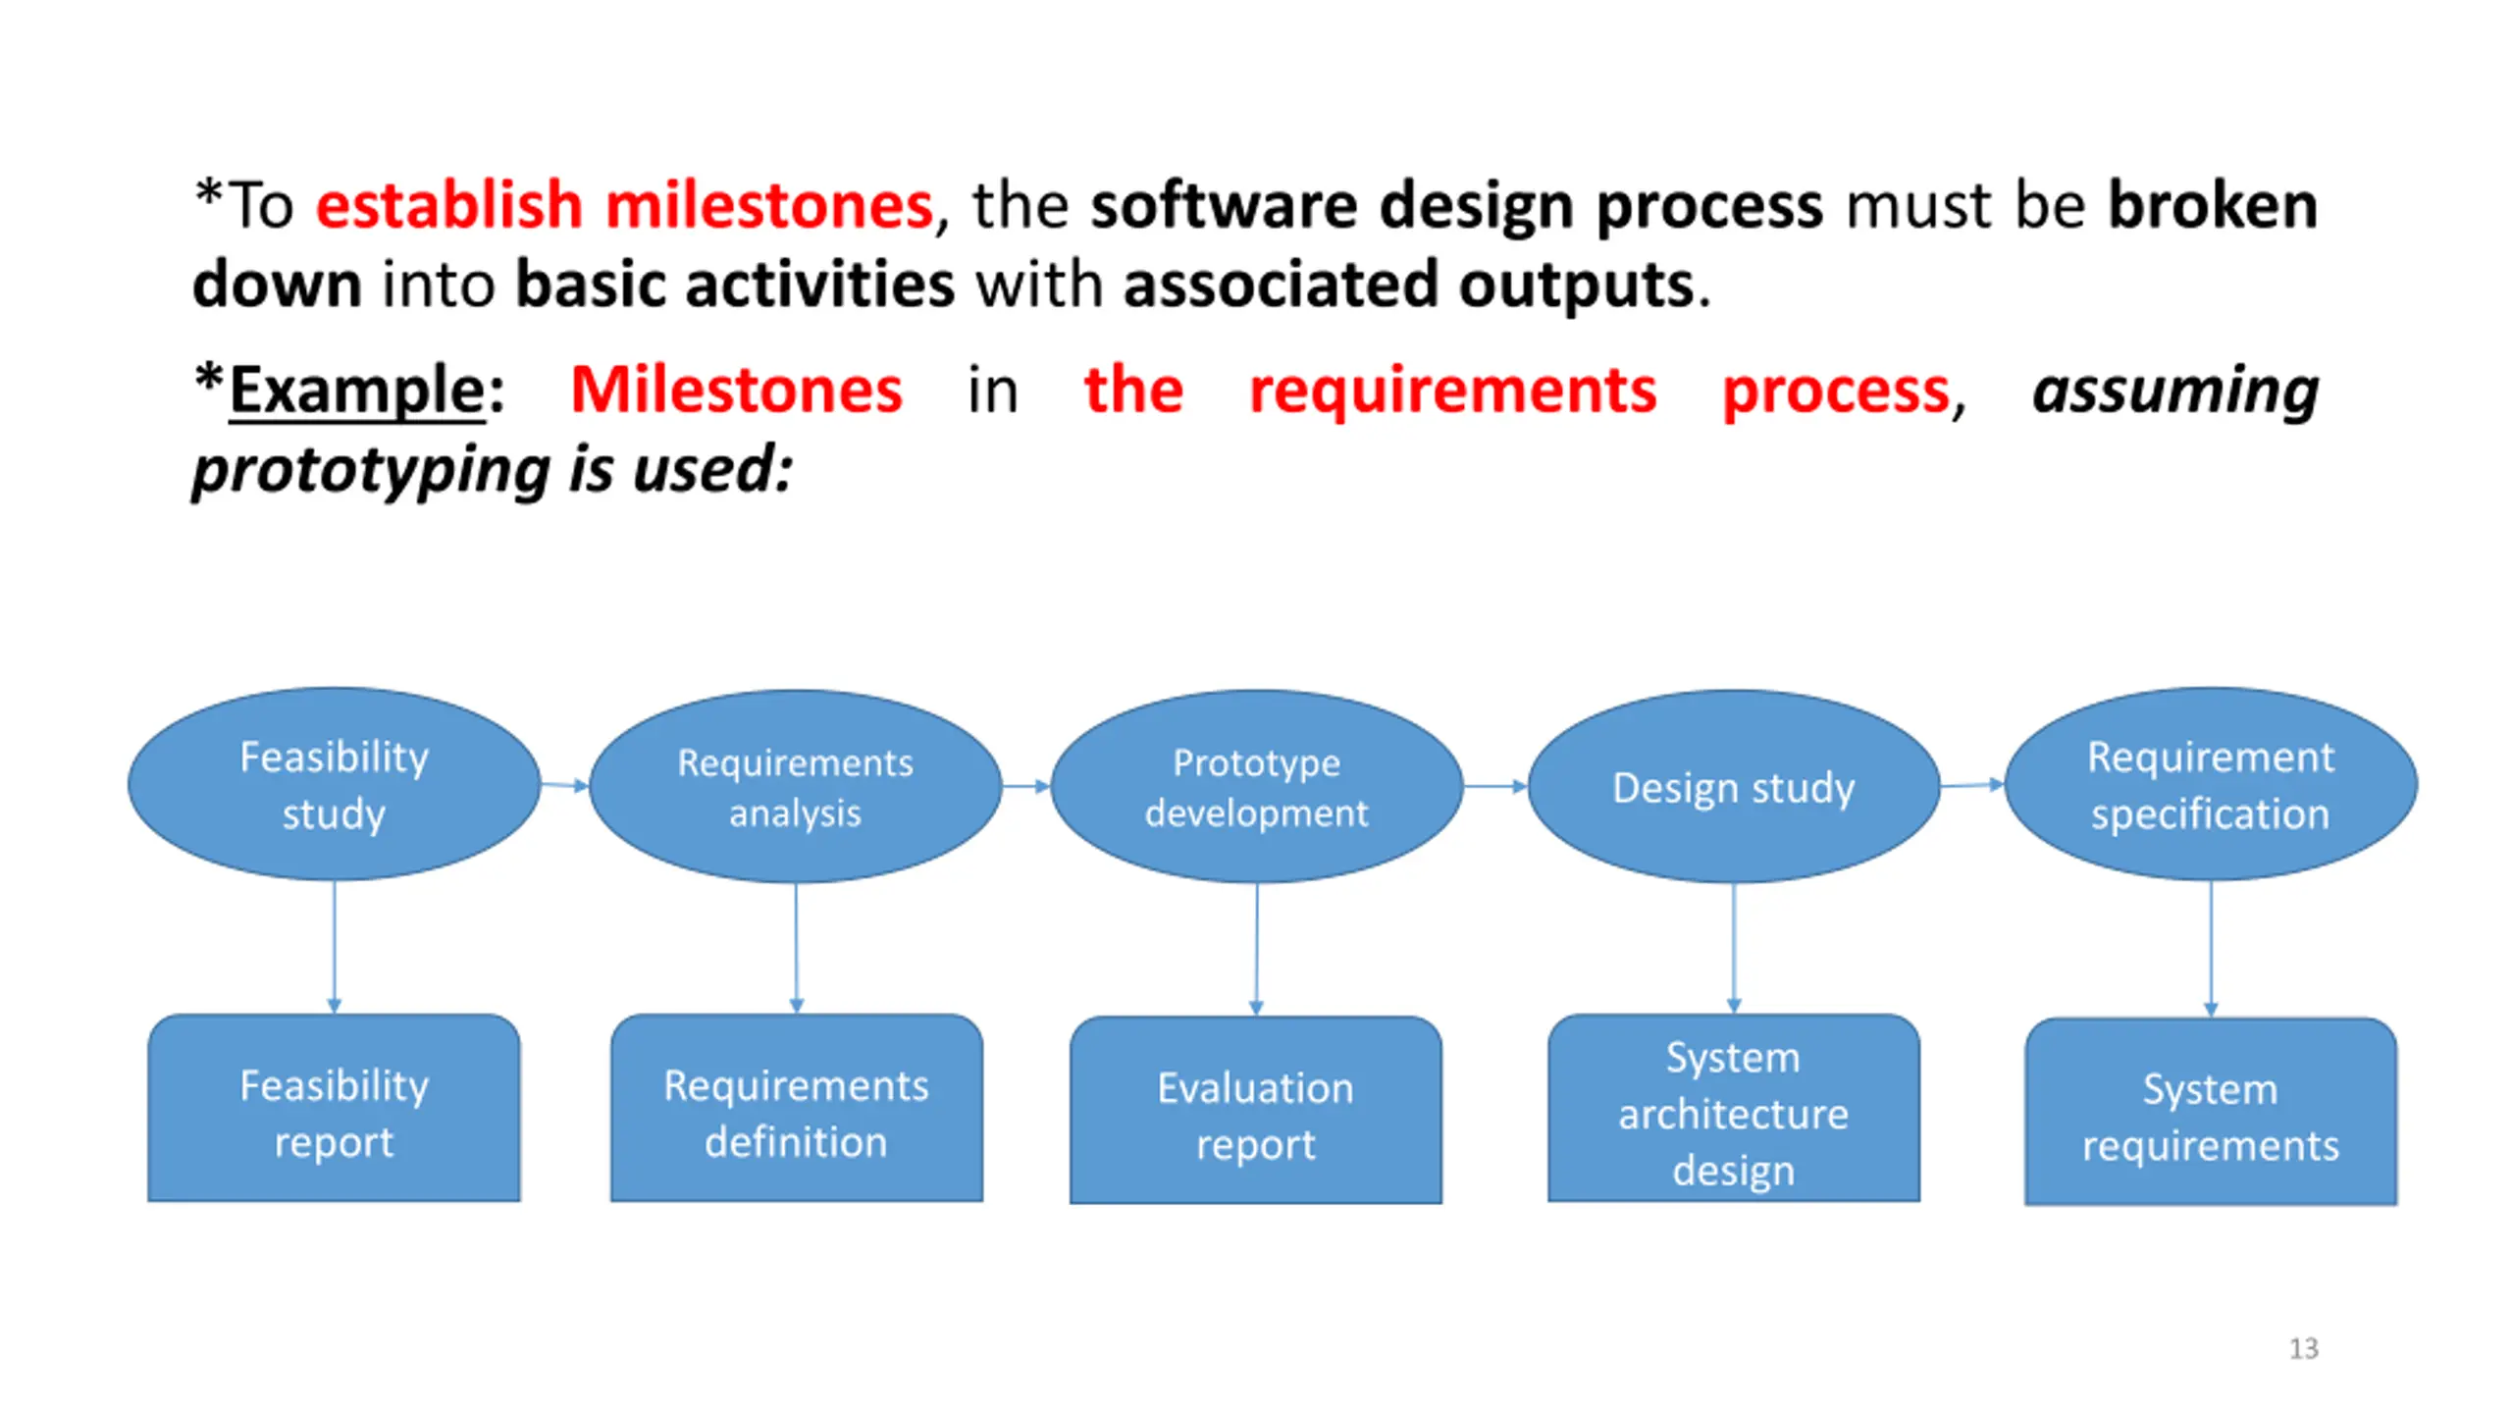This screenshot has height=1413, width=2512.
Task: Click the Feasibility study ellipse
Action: coord(334,784)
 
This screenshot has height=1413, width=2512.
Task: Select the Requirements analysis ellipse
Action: coord(795,786)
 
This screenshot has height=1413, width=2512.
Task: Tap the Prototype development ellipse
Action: coord(1256,786)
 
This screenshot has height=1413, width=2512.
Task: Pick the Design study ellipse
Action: coord(1733,786)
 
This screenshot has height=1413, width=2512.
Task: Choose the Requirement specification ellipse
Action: coord(2210,784)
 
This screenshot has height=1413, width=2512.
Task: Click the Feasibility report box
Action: coord(334,1109)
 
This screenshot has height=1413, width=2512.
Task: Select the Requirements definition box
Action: coord(796,1109)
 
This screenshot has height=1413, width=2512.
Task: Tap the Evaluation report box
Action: coord(1255,1111)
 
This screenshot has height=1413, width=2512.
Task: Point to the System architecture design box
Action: coord(1733,1109)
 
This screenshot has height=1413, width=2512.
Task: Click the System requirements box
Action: coord(2210,1113)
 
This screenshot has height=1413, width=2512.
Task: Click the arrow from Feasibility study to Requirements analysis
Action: coord(564,785)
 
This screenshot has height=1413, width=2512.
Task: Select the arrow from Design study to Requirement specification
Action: coord(1971,785)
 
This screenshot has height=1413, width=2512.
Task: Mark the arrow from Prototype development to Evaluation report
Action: coord(1256,948)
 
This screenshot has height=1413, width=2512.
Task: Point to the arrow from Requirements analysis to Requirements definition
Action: coord(796,948)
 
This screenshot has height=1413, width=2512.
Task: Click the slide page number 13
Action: coord(2303,1348)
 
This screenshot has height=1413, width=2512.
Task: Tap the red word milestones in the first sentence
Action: coord(768,205)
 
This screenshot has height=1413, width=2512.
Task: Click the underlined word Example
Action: coord(357,390)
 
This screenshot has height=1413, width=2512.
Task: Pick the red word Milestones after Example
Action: coord(736,390)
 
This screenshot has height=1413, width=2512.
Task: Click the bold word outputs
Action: coord(1576,285)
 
